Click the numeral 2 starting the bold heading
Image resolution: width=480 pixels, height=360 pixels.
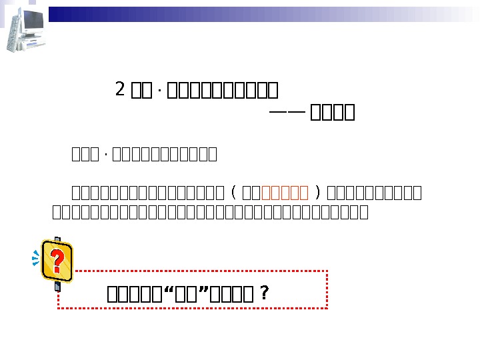point(121,89)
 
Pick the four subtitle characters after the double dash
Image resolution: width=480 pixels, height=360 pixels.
point(333,112)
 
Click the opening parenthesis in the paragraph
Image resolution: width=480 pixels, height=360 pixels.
point(233,193)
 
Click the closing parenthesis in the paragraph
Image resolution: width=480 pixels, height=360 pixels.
point(318,193)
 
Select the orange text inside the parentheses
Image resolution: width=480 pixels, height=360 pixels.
point(285,193)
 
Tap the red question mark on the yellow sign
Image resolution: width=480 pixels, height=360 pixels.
point(57,262)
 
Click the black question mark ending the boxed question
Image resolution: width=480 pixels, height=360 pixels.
point(265,294)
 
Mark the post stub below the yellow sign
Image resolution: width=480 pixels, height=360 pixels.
point(58,287)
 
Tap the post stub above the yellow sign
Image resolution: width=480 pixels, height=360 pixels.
point(57,239)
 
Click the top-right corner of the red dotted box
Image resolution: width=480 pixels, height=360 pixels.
point(327,271)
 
